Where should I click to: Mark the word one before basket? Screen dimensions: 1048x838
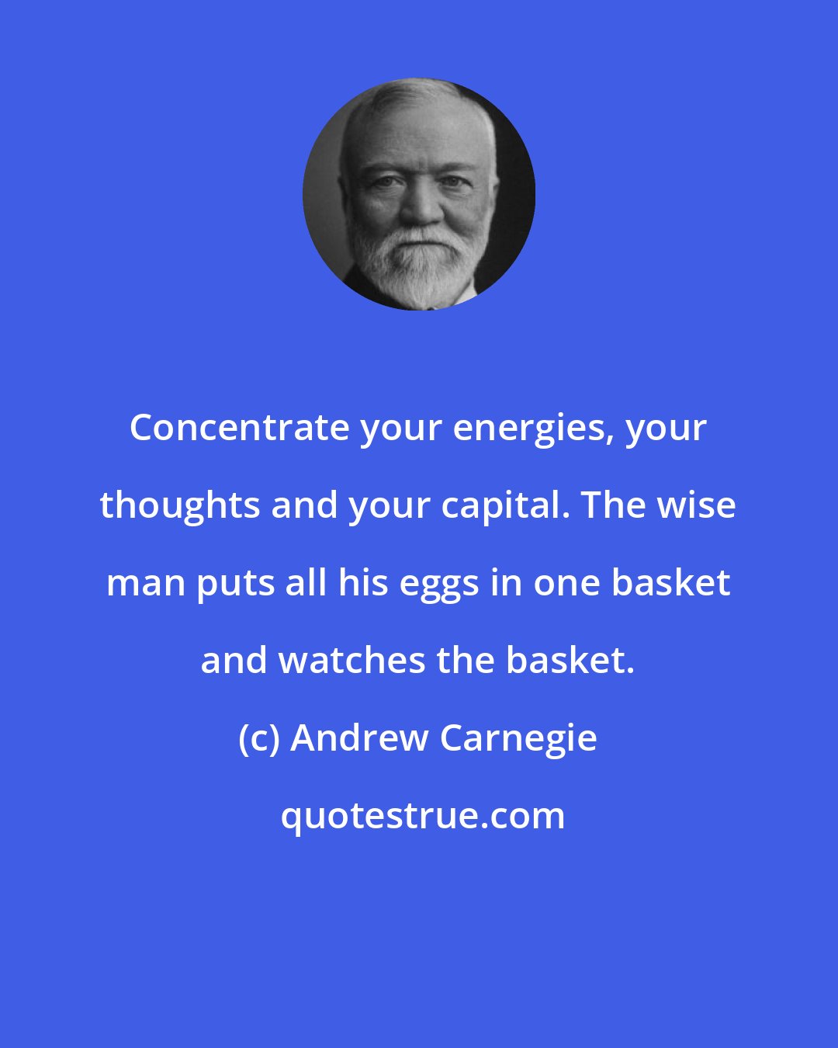pyautogui.click(x=563, y=583)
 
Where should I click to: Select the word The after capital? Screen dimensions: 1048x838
pyautogui.click(x=611, y=505)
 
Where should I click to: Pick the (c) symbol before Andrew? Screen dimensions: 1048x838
pyautogui.click(x=259, y=738)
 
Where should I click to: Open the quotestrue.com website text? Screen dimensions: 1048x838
pyautogui.click(x=423, y=816)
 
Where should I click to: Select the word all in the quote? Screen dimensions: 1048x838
pyautogui.click(x=306, y=583)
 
